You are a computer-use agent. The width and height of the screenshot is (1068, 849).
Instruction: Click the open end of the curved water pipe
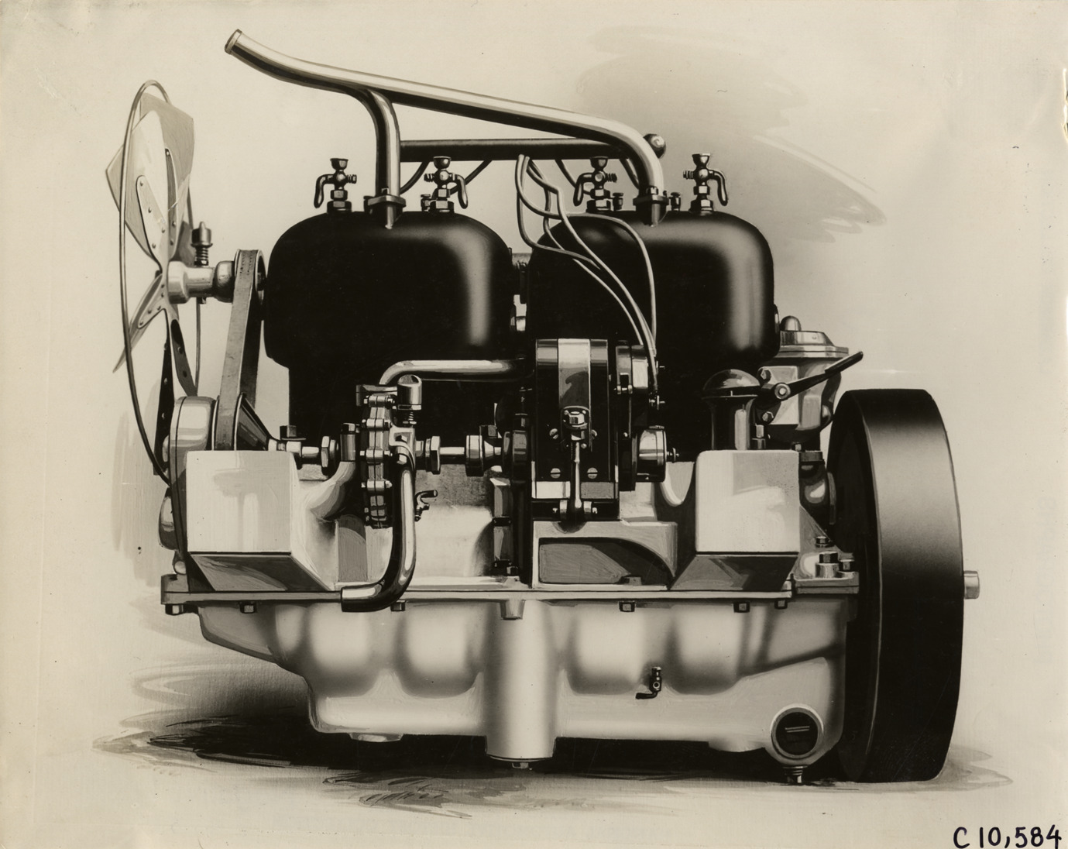click(235, 41)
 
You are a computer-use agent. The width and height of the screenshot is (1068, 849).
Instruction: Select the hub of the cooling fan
click(186, 283)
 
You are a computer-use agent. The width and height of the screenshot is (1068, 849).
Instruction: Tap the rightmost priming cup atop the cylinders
click(705, 183)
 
